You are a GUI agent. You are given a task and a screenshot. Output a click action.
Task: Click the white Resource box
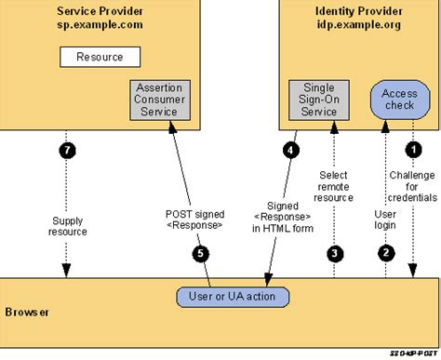click(x=100, y=57)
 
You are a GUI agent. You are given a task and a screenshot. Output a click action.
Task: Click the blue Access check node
click(x=398, y=98)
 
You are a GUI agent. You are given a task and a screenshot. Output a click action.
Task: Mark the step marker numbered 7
click(x=66, y=149)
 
